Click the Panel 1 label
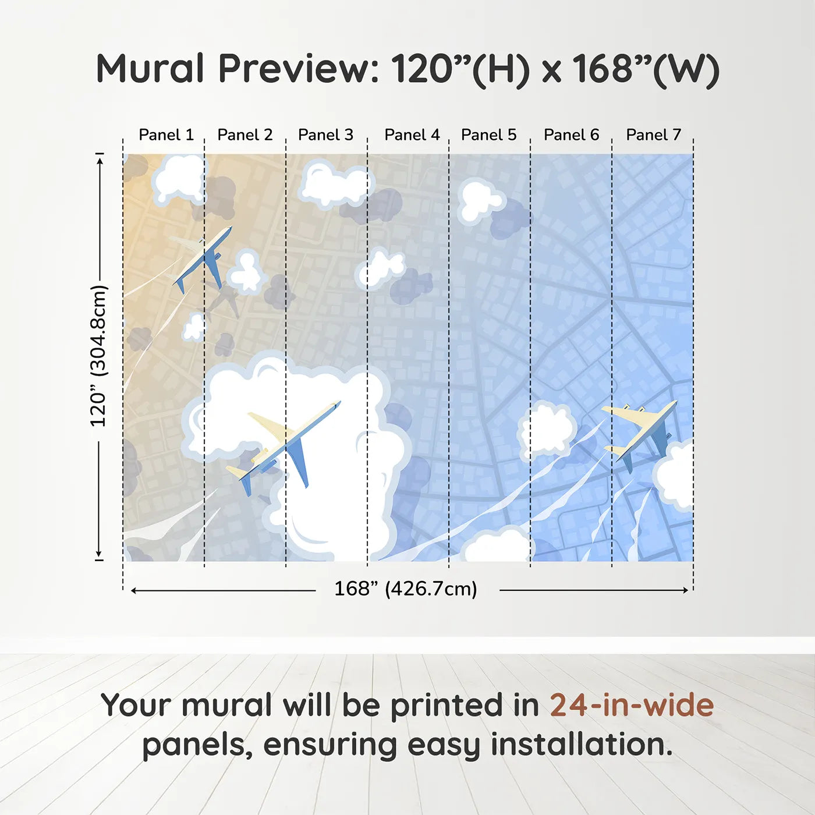pos(166,135)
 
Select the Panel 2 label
pos(245,135)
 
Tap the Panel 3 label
pos(325,135)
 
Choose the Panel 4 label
pos(412,135)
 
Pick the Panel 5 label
pos(488,135)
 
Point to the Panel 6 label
pos(571,135)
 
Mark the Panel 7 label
pos(653,135)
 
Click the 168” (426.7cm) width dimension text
pos(405,589)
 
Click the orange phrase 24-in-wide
pos(632,706)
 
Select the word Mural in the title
pos(150,69)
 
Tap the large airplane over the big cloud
pos(285,445)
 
